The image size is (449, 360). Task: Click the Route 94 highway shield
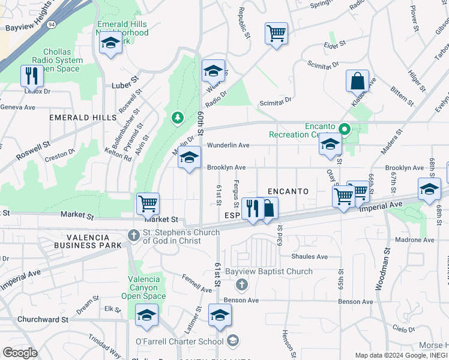point(52,25)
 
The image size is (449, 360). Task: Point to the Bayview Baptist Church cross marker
point(241,283)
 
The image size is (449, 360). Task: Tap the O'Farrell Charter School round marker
point(232,341)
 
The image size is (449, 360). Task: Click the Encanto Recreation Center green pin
point(345,128)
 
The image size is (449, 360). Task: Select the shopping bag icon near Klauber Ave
point(357,80)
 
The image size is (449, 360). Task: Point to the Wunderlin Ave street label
point(228,145)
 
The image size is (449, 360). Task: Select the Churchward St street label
point(43,319)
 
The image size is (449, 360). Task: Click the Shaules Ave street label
point(309,257)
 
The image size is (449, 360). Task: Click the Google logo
point(20,352)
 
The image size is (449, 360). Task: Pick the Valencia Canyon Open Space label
point(144,287)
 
